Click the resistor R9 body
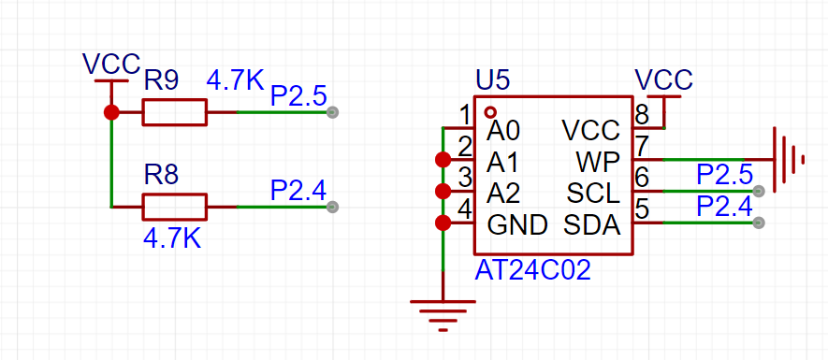(x=174, y=112)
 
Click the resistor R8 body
(x=174, y=207)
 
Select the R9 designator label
(x=161, y=82)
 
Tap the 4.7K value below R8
(x=172, y=239)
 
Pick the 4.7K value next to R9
(x=235, y=79)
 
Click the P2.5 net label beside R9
(x=298, y=96)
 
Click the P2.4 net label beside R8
(x=298, y=190)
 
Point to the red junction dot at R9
(x=111, y=112)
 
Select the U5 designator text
(x=493, y=80)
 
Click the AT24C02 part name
(x=532, y=271)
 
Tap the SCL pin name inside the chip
(x=593, y=194)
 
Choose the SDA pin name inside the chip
(x=591, y=226)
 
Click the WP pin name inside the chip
(x=598, y=163)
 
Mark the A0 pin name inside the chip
(x=503, y=132)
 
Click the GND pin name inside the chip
(x=517, y=226)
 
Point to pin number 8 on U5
(x=641, y=114)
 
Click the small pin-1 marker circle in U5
(x=491, y=112)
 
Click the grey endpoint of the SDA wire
(x=759, y=223)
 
